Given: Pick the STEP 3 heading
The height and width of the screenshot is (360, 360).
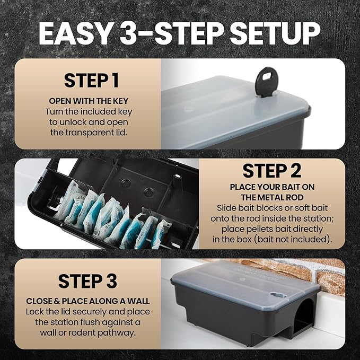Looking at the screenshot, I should pyautogui.click(x=87, y=280).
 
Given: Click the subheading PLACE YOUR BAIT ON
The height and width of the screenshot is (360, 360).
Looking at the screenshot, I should pyautogui.click(x=272, y=187).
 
